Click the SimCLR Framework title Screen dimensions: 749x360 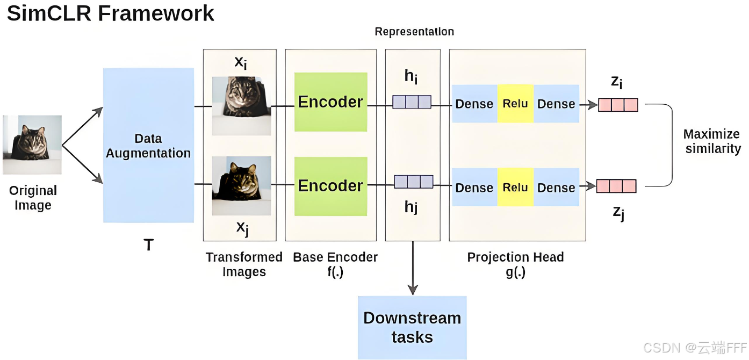point(110,14)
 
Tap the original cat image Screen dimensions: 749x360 point(32,145)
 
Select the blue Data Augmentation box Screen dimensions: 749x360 point(148,146)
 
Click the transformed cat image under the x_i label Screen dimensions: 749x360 point(241,106)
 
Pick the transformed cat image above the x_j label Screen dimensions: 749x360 point(241,186)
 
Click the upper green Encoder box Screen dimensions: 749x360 point(330,102)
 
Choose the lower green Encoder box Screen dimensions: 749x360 point(330,186)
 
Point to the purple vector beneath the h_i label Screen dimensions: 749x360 point(412,102)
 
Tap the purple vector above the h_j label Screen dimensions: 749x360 point(414,182)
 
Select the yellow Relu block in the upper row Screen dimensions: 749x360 point(516,104)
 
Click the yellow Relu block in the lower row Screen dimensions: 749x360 point(516,187)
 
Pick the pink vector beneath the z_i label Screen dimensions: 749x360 point(618,105)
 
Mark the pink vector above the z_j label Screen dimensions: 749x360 point(616,186)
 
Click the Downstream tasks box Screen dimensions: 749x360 point(412,328)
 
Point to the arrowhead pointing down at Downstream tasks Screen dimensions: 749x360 point(413,290)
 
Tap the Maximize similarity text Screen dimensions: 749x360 point(712,141)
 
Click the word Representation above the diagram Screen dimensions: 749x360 point(414,32)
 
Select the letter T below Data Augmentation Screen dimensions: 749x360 point(149,245)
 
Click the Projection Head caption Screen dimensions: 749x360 point(516,264)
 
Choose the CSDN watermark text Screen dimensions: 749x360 point(695,348)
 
